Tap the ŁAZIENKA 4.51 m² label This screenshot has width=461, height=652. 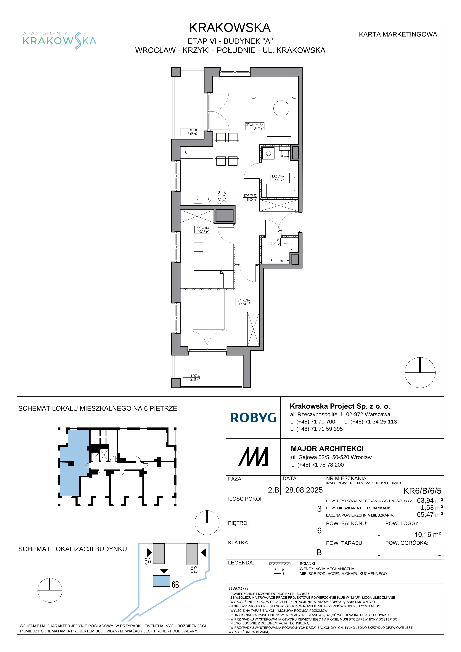(277, 178)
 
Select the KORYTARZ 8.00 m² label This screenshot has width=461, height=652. (250, 198)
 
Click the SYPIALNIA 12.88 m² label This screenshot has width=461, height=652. (242, 302)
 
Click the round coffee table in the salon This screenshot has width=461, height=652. (281, 108)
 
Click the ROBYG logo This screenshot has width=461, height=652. (253, 418)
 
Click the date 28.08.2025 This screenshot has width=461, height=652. (304, 490)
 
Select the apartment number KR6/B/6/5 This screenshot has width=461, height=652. (422, 490)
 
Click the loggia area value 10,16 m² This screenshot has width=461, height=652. (428, 534)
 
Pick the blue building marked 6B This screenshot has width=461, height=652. (161, 581)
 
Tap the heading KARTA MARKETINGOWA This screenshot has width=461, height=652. (398, 34)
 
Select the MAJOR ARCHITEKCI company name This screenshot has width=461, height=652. (327, 449)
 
